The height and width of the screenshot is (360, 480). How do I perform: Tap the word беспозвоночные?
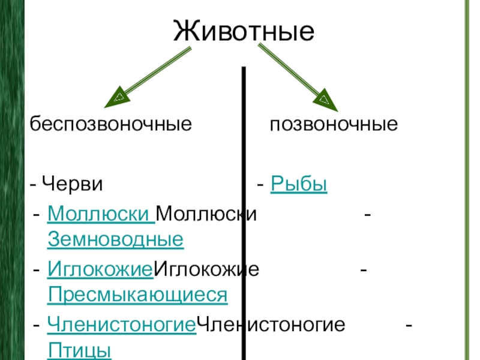pos(112,125)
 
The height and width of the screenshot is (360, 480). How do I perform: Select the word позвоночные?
pos(334,125)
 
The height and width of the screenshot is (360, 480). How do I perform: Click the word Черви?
pos(73,183)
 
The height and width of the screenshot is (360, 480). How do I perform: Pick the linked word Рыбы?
pos(299,183)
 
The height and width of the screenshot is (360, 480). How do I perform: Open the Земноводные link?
pos(115,240)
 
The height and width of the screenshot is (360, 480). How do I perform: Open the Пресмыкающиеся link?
pos(137,295)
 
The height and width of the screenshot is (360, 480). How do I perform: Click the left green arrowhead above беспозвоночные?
pos(119,97)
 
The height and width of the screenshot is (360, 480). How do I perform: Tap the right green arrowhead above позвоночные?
pos(325,98)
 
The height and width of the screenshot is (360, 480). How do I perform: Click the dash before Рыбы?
pos(260,184)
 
